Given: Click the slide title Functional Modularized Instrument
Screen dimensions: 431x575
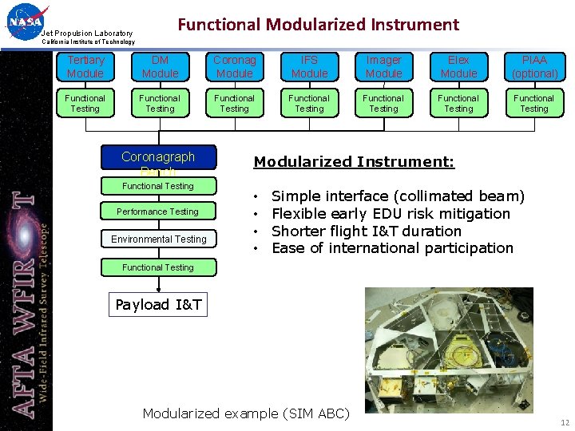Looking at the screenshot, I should tap(318, 25).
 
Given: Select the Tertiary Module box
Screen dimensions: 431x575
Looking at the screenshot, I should tap(85, 67).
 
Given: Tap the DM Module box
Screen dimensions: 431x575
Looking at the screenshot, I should tap(160, 67).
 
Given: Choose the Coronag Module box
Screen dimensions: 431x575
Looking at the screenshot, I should tap(235, 67).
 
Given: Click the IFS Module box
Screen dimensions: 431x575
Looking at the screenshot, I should tap(309, 67).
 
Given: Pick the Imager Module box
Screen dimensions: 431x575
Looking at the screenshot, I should tap(384, 67).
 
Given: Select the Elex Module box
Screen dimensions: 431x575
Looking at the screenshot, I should tap(458, 67).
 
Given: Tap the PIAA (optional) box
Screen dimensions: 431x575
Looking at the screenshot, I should tap(534, 67).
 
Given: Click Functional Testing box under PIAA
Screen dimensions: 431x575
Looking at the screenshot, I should tap(534, 104).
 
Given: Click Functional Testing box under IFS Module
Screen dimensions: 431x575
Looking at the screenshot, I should tap(309, 104).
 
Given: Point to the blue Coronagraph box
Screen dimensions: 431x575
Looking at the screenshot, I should tap(157, 158).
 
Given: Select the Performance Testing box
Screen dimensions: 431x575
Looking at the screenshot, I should tap(157, 212).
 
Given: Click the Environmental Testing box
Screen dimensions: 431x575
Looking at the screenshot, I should tap(158, 239).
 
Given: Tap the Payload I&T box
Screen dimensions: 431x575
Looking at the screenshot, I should tap(158, 304).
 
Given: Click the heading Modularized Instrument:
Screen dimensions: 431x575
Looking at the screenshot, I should tap(354, 162).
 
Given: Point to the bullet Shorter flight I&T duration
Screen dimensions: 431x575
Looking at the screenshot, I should tap(367, 231).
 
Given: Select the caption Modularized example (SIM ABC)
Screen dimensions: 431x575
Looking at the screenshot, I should tap(246, 413).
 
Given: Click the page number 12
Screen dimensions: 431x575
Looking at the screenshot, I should tap(565, 423).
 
